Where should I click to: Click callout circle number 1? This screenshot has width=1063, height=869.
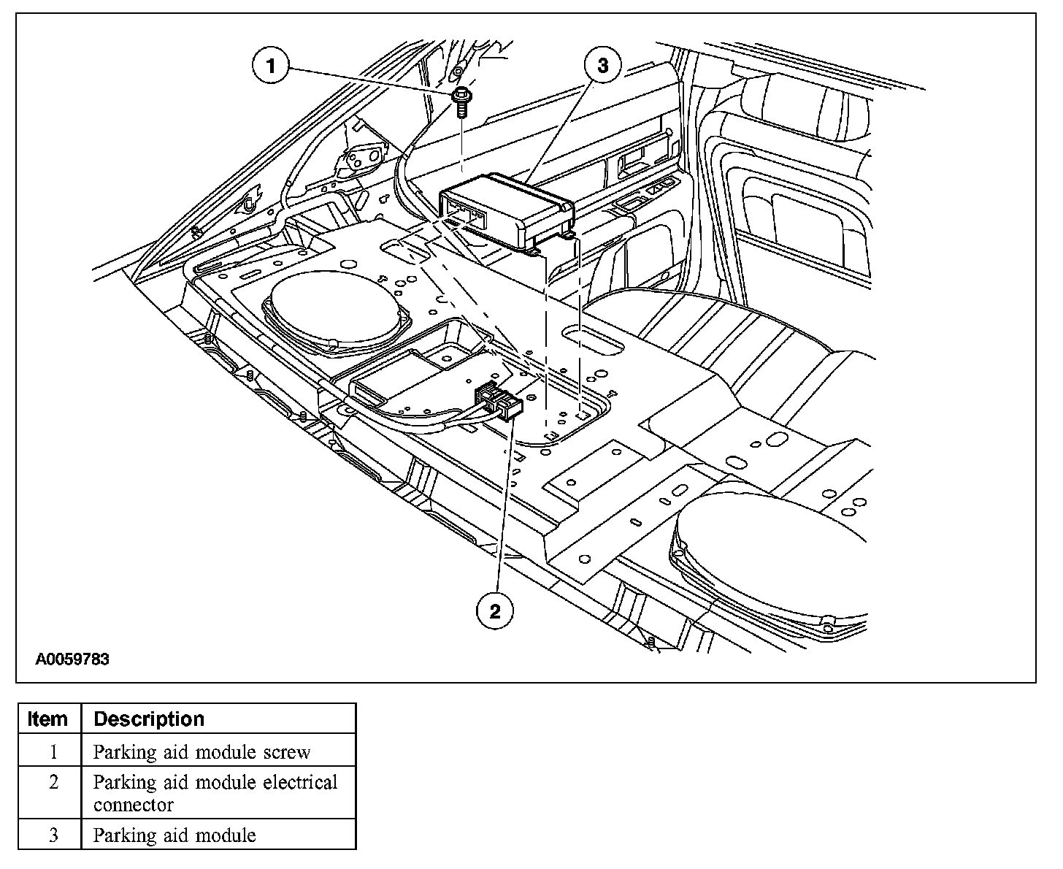(272, 67)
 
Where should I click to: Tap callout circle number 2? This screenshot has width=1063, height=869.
(495, 611)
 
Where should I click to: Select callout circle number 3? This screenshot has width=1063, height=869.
(602, 66)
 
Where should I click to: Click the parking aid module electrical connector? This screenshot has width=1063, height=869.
(499, 404)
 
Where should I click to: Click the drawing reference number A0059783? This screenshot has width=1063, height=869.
(73, 659)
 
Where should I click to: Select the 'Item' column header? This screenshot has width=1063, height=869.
(47, 719)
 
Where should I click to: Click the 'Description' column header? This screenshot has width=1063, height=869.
(149, 719)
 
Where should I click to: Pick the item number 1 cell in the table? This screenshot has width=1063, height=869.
(53, 751)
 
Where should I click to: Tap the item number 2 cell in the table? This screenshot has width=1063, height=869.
(53, 782)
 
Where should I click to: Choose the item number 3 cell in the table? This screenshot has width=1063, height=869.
(53, 835)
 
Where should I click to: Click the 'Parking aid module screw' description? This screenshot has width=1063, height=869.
(202, 751)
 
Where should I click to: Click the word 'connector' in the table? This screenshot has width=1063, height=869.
(134, 805)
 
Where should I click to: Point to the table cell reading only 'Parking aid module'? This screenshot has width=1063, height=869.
(174, 835)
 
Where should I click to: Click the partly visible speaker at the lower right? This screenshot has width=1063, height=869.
(774, 555)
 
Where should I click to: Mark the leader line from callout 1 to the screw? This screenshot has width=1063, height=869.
(372, 80)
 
